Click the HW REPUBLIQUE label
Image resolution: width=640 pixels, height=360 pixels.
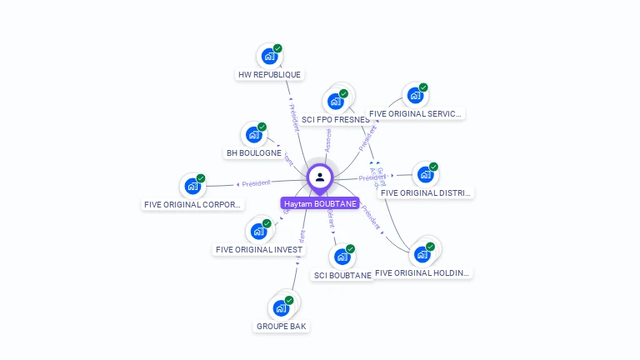click(x=269, y=75)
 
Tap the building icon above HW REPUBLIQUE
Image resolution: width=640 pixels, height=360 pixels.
click(x=269, y=57)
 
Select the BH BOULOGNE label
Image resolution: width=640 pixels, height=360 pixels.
click(x=254, y=153)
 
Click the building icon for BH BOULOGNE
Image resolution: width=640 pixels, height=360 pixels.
click(x=253, y=135)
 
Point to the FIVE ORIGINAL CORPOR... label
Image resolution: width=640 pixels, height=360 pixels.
click(x=193, y=205)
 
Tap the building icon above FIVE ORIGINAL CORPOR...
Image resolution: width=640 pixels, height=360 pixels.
click(x=192, y=186)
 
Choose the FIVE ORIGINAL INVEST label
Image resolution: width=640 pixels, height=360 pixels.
click(x=259, y=249)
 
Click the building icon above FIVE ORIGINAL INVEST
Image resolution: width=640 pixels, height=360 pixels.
click(x=258, y=231)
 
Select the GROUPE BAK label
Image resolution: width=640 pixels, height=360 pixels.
click(x=282, y=327)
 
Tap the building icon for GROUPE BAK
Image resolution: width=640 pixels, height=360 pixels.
click(x=282, y=308)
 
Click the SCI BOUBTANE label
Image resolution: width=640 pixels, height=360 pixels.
click(x=342, y=275)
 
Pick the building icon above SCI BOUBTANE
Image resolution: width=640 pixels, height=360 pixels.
click(x=342, y=257)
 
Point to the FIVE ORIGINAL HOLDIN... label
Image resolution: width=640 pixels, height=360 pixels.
click(x=422, y=272)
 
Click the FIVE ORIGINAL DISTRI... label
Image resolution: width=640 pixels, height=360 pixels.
click(x=426, y=193)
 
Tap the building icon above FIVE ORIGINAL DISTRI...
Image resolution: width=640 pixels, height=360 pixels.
click(x=426, y=175)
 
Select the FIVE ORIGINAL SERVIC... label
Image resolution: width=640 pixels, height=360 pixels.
click(x=416, y=114)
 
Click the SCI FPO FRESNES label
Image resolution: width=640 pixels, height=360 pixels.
click(x=336, y=120)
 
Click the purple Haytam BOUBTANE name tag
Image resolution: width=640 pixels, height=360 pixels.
click(x=320, y=204)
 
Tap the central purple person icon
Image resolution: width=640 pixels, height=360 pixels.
click(x=320, y=177)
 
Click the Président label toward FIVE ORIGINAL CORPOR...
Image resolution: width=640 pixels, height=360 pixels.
click(x=256, y=183)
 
